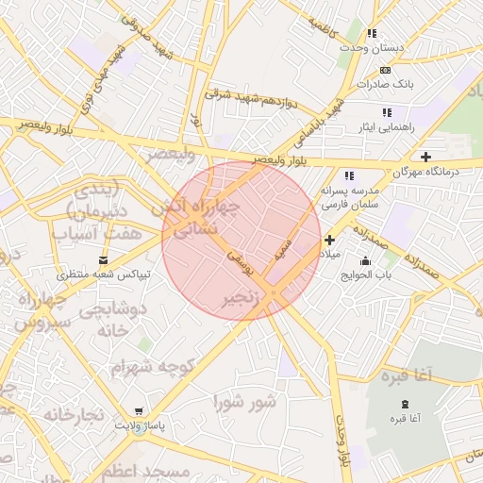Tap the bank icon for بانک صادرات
384,70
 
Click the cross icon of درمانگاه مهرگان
425,157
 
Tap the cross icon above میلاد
329,241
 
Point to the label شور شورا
245,403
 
